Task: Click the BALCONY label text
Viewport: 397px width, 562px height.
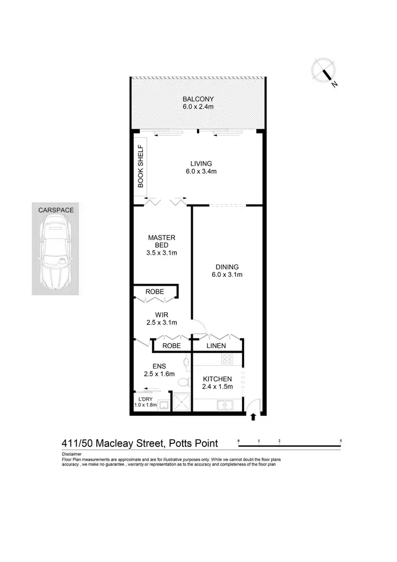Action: click(x=198, y=99)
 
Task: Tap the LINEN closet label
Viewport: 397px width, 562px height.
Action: click(x=216, y=346)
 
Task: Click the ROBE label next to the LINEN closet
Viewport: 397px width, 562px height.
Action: click(x=172, y=346)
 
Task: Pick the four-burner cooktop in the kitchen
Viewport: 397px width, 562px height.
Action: click(x=227, y=359)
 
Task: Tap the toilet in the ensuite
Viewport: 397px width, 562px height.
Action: click(x=183, y=382)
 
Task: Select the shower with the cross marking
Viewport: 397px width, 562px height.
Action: click(x=182, y=403)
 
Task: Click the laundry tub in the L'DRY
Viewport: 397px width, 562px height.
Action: click(x=164, y=406)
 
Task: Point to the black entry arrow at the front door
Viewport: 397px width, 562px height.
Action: click(x=252, y=417)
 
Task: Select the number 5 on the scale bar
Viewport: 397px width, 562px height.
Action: click(x=340, y=441)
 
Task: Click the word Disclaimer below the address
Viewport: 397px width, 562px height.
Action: click(x=71, y=454)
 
